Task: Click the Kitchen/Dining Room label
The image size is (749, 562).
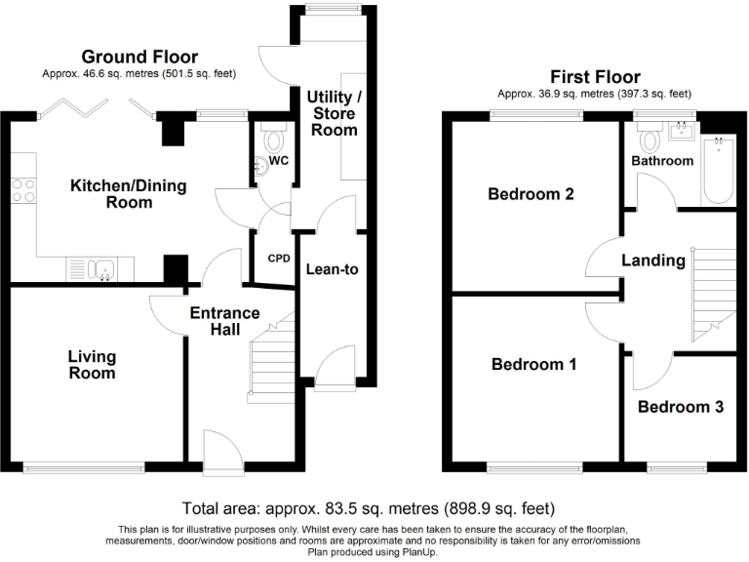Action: click(129, 193)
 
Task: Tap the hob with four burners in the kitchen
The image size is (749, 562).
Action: click(23, 190)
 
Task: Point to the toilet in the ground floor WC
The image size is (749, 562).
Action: click(274, 138)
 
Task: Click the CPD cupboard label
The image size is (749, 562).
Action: click(279, 259)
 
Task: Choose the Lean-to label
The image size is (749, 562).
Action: click(332, 269)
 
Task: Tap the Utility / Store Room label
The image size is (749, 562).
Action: click(334, 113)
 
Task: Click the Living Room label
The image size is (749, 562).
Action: click(93, 364)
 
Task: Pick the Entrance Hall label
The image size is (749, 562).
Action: click(225, 321)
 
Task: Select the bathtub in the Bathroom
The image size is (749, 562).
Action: click(719, 170)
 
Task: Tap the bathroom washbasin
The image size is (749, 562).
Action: click(682, 131)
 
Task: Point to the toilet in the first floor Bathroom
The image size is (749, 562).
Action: click(650, 137)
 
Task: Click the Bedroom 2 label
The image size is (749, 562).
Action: click(531, 194)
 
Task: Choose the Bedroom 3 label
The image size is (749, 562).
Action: click(681, 407)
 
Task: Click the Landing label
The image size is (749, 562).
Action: click(653, 261)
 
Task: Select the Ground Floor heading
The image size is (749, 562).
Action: click(139, 57)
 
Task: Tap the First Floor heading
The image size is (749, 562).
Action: click(595, 76)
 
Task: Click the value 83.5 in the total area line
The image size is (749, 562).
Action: click(335, 508)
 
